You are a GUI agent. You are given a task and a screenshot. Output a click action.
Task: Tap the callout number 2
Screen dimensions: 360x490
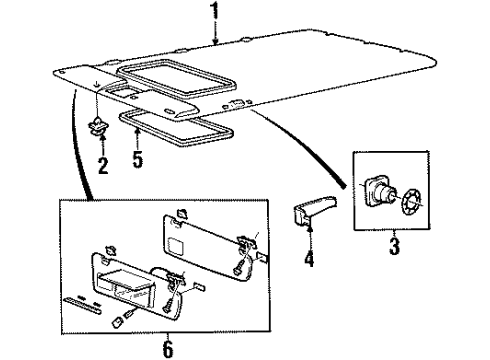pos(102,164)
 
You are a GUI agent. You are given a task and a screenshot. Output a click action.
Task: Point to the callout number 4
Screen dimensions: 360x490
pos(310,263)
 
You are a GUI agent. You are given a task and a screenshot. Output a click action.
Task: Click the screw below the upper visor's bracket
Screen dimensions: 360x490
pos(237,268)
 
